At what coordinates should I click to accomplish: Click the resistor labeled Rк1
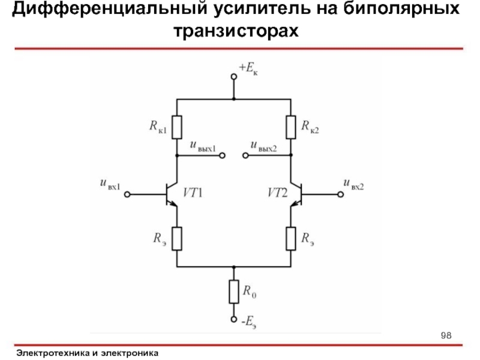(x=176, y=127)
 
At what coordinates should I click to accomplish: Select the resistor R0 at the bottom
(x=235, y=292)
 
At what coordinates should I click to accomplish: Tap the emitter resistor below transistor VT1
(x=176, y=238)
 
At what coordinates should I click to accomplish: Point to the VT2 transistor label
(x=277, y=193)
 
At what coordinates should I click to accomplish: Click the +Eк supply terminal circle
(x=234, y=77)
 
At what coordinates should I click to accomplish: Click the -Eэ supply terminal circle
(x=234, y=320)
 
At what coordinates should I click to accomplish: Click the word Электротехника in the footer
(x=53, y=353)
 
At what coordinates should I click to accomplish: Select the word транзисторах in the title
(x=236, y=30)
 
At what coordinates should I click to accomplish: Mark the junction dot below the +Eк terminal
(x=234, y=98)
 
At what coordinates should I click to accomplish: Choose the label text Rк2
(x=310, y=127)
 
